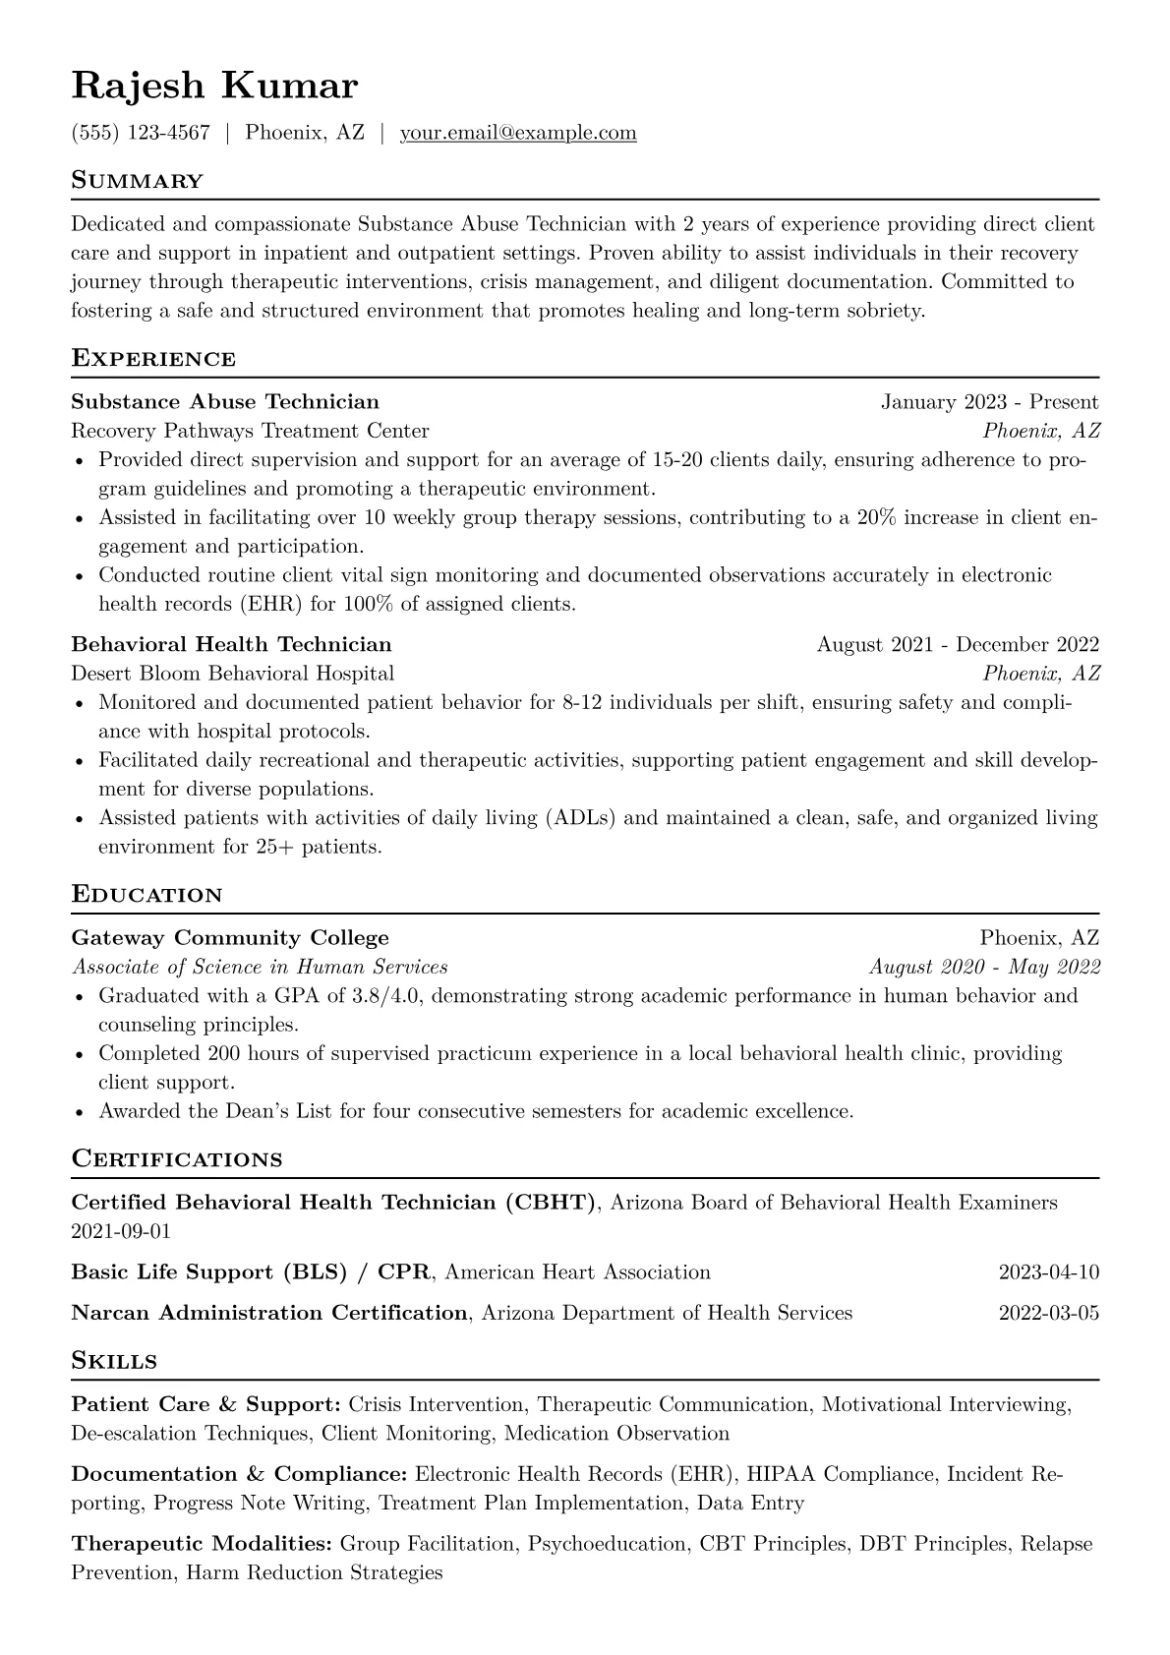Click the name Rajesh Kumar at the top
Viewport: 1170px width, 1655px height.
214,87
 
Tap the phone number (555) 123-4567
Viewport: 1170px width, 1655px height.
141,133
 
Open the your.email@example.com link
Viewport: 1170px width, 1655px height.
517,133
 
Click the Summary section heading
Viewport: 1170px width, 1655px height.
138,181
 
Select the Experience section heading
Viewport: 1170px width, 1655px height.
153,358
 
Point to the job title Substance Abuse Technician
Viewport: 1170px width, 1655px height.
225,402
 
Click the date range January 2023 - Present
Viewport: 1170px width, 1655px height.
989,402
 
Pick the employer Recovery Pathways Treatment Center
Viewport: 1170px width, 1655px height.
250,431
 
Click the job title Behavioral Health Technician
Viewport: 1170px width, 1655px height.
231,645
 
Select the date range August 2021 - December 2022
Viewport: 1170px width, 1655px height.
958,645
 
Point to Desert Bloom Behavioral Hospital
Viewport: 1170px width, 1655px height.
232,674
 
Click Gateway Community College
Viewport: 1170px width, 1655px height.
230,938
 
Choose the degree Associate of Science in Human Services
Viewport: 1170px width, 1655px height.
260,967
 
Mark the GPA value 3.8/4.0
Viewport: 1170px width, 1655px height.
386,995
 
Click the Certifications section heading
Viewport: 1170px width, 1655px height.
177,1159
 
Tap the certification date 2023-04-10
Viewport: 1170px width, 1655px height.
1048,1272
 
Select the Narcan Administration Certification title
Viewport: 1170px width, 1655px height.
269,1313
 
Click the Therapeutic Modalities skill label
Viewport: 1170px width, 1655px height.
202,1544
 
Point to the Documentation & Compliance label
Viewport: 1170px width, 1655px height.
239,1474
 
